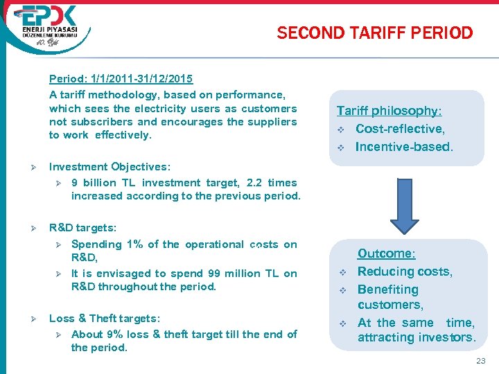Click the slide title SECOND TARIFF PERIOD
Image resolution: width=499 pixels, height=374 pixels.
[x=374, y=33]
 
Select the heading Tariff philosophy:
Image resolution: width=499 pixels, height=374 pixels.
[x=389, y=111]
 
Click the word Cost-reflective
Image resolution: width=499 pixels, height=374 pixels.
[x=400, y=129]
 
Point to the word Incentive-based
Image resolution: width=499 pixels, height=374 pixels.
[x=403, y=147]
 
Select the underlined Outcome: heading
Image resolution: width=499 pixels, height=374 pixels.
[x=386, y=254]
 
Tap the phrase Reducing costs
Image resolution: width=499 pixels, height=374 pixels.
[x=405, y=271]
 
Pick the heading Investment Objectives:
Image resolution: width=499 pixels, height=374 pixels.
[x=110, y=167]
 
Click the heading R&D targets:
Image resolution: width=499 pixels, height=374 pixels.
[x=82, y=227]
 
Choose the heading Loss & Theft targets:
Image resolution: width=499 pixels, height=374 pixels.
[x=105, y=319]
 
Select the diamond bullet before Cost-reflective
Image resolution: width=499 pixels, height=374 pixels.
[x=341, y=130]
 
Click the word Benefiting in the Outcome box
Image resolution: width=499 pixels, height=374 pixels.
[x=388, y=290]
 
